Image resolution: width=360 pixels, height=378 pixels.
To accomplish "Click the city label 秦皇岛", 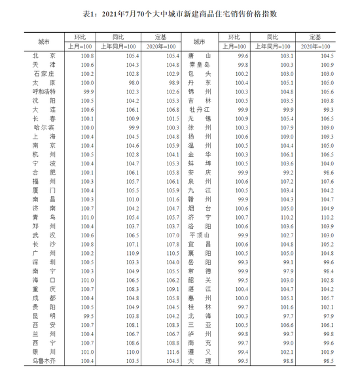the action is [199, 65].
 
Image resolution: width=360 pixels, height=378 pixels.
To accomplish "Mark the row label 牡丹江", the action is [199, 110].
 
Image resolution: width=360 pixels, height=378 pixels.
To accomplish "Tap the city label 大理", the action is [199, 360].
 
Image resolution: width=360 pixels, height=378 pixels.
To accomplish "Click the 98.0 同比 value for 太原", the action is [134, 83].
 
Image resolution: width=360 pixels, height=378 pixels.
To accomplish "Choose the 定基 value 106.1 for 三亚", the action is [327, 324].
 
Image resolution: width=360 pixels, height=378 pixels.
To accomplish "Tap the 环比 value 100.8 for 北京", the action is [87, 57].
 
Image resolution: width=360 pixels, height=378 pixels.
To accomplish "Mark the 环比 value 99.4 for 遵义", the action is [243, 351].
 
